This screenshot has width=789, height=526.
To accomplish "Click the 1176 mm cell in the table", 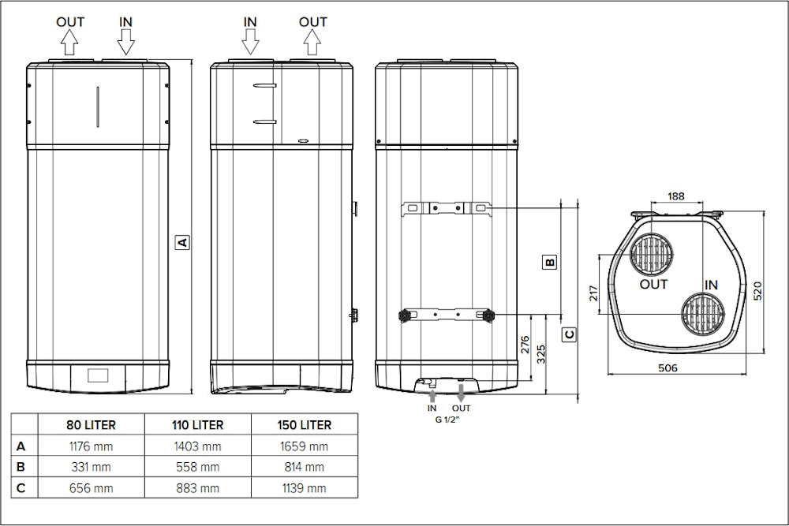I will click(92, 446).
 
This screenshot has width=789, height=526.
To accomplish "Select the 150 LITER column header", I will click(305, 425).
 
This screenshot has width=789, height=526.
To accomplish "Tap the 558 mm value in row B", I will click(197, 467).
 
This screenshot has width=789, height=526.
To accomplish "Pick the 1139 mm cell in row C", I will click(305, 488).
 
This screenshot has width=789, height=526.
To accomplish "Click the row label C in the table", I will click(21, 488).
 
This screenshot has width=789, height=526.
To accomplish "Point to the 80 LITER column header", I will click(92, 425).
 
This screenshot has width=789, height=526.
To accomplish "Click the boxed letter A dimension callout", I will click(181, 242).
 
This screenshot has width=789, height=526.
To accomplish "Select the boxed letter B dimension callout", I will click(551, 261).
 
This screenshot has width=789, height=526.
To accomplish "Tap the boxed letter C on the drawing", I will click(570, 334).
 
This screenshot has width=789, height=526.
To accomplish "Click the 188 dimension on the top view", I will click(675, 196).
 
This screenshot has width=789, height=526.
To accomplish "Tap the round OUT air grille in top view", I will click(653, 254).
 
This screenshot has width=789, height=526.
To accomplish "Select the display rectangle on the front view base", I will click(98, 375).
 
